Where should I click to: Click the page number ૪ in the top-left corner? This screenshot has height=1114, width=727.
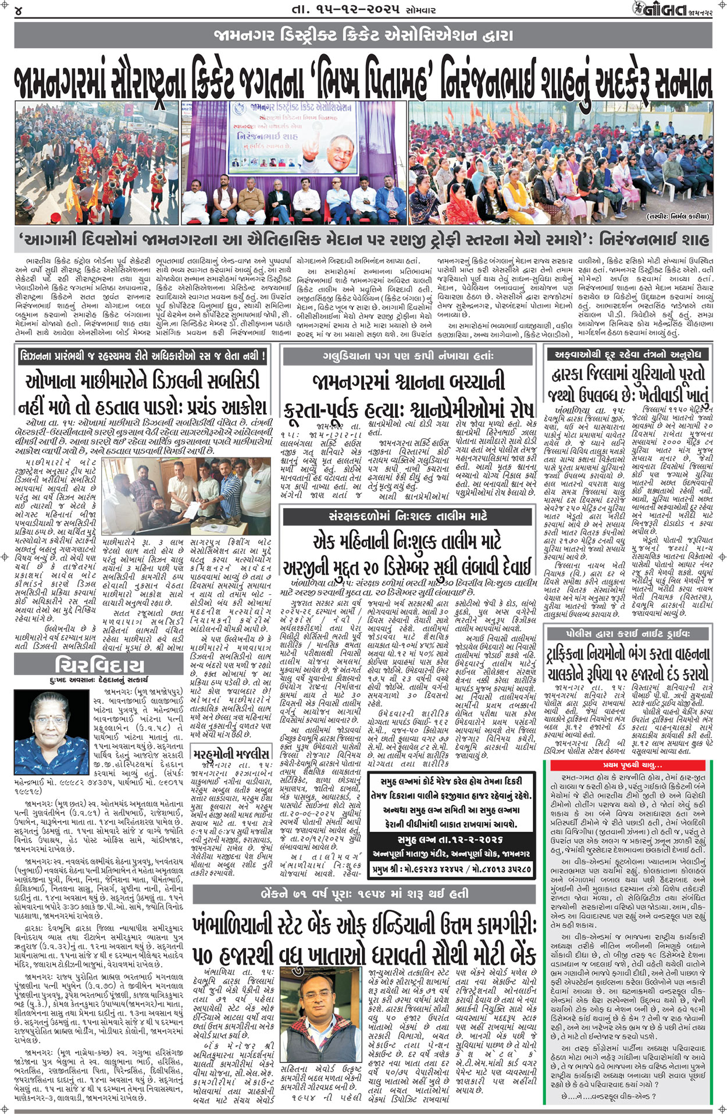[x=19, y=10]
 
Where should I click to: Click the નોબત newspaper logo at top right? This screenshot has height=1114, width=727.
[x=664, y=10]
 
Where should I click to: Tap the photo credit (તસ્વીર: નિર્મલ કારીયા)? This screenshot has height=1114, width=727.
[x=677, y=217]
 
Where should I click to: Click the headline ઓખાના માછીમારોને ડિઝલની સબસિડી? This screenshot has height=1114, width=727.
[x=142, y=381]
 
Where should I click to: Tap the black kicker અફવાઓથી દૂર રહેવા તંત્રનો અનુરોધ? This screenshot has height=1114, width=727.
[x=628, y=353]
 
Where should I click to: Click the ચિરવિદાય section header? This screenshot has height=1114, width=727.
[x=99, y=664]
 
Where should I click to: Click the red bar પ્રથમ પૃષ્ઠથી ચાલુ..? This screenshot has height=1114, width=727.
[x=632, y=765]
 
